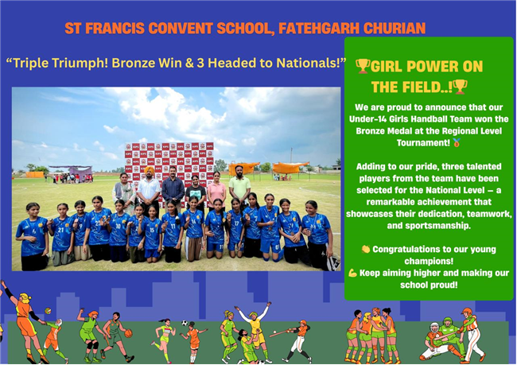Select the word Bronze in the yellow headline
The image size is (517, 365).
coord(134,63)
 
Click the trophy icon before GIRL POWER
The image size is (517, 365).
coord(363,66)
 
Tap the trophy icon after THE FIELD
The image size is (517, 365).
coord(460,87)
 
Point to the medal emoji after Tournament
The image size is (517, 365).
coord(457,142)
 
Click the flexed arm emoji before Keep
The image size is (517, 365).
coord(352,273)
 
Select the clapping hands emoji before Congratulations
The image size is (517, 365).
coord(365,249)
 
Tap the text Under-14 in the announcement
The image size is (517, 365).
coord(366,118)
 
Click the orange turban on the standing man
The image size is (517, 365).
coord(150,170)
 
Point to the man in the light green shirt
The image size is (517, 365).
coord(239,185)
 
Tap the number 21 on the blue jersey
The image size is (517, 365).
coord(60,230)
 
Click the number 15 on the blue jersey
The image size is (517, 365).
coord(152,230)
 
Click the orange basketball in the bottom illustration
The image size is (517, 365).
coord(128,333)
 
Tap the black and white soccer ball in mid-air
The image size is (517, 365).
coord(185,323)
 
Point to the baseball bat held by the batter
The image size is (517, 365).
coord(282,332)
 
